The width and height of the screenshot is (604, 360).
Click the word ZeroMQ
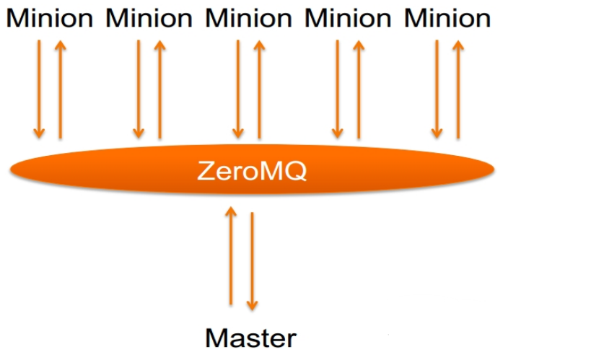point(252,171)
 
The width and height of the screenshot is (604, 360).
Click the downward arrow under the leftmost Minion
point(39,89)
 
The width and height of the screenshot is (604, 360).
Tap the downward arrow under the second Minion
point(139,89)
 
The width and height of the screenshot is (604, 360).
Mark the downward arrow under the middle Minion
point(238,89)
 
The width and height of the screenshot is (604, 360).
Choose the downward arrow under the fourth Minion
point(337,89)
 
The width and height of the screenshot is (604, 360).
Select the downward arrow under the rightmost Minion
point(437,89)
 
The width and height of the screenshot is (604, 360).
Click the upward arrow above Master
point(231,256)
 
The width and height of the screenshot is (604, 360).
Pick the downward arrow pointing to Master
point(252,260)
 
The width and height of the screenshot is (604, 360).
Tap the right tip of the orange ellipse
point(493,170)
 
